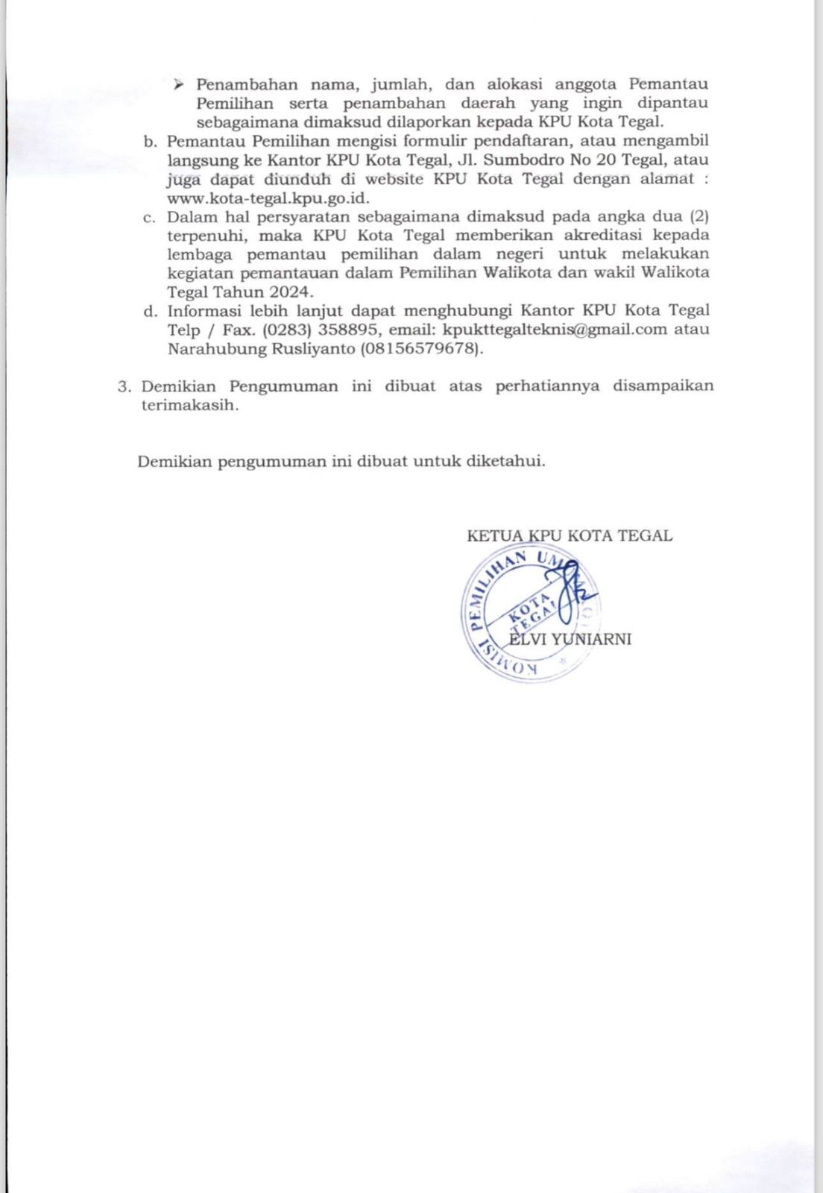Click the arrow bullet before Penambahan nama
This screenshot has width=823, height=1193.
(x=178, y=84)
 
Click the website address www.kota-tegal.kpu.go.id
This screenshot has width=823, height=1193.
(x=268, y=198)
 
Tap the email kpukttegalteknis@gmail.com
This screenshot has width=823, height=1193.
(x=555, y=330)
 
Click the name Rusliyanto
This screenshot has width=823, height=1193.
(x=312, y=349)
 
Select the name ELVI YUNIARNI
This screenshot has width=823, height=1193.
(x=570, y=639)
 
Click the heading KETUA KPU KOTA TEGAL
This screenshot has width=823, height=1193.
(x=569, y=535)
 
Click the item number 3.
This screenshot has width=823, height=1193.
(x=124, y=386)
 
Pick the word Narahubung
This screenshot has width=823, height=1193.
(x=214, y=349)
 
